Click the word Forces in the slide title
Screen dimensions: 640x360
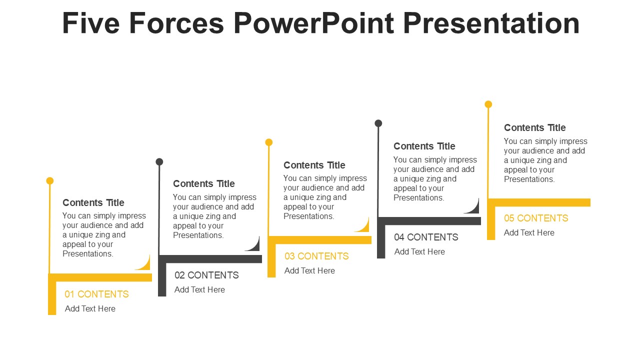coord(176,23)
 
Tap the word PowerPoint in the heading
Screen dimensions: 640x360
coord(313,23)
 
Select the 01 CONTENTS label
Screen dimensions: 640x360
coord(96,294)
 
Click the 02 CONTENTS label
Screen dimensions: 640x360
coord(206,275)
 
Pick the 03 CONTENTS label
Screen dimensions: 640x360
coord(316,256)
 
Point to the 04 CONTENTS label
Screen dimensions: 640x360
coord(426,237)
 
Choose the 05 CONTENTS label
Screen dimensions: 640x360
coord(536,218)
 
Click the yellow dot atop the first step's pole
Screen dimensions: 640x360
coord(50,180)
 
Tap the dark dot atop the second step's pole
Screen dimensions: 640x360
coord(159,161)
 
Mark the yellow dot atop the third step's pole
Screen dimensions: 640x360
coord(269,142)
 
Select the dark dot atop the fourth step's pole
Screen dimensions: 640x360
coord(378,123)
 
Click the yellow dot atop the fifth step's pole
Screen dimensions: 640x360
coord(488,104)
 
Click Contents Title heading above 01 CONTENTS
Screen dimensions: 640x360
coord(93,202)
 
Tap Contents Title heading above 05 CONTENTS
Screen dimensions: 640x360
coord(535,127)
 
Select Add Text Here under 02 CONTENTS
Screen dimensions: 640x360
coord(199,289)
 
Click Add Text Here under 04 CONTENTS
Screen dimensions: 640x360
coord(419,251)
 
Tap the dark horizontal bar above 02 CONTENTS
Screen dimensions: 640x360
coord(210,259)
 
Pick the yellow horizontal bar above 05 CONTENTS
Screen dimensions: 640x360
coord(539,202)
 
